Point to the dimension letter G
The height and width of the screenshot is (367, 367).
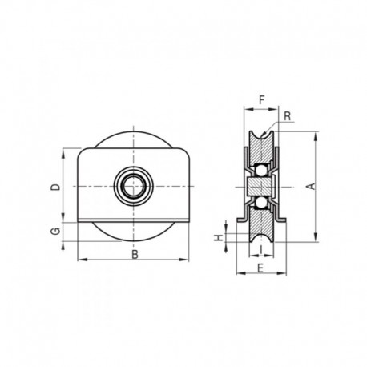click(x=54, y=232)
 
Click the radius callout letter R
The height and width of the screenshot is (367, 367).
click(x=287, y=116)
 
